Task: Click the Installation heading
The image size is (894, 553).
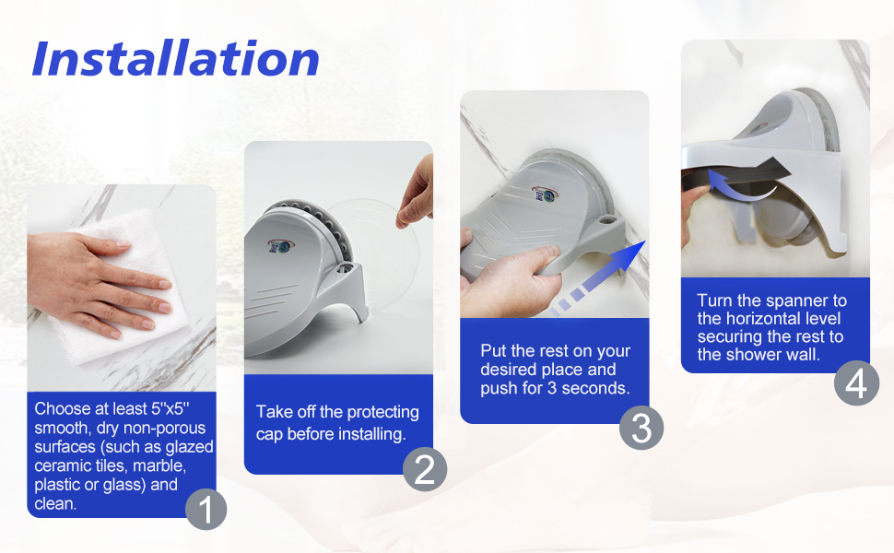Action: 176,58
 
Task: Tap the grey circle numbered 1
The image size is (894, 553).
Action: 206,509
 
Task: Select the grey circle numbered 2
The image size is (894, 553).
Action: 425,469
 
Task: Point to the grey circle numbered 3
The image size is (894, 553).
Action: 641,428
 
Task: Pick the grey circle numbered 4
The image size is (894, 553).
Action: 856,383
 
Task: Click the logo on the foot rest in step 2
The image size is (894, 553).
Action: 280,246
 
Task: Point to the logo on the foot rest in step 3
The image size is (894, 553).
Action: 545,194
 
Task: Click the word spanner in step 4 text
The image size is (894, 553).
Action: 794,300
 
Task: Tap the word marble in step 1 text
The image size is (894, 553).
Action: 159,465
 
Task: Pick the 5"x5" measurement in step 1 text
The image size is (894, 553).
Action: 170,408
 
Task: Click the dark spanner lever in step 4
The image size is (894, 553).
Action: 735,172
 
